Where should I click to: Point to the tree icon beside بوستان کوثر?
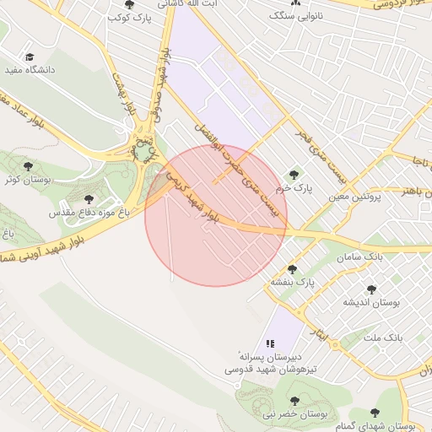coord(29,166)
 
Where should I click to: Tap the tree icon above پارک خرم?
coord(294,175)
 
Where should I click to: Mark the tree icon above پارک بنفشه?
coord(292,268)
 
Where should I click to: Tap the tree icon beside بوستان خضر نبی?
coord(294,402)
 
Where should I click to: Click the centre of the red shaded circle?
coord(216,215)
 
